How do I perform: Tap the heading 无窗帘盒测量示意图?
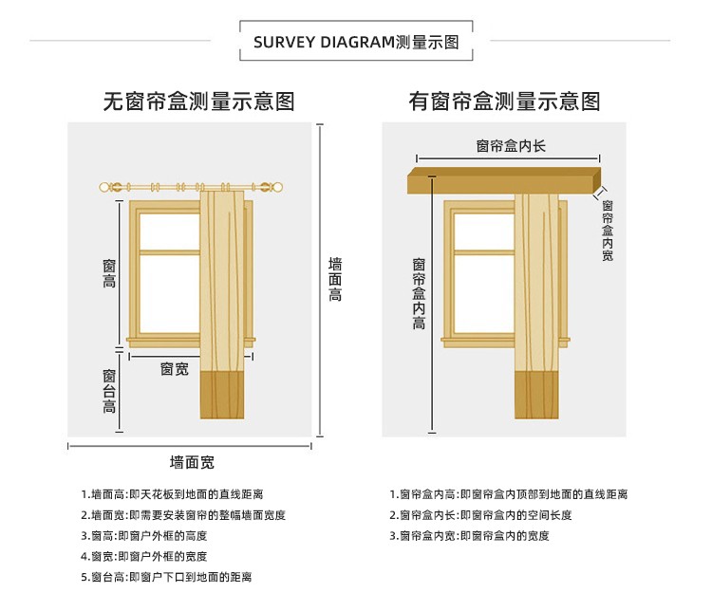[x=199, y=102]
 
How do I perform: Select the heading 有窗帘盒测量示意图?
[x=504, y=102]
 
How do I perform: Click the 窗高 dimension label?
[x=109, y=273]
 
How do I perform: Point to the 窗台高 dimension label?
[x=109, y=391]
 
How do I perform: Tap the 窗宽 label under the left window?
[x=175, y=369]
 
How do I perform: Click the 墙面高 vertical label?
[x=335, y=280]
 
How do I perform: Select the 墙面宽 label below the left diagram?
[x=192, y=462]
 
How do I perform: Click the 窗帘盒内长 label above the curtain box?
[x=511, y=146]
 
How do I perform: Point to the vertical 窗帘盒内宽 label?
[x=608, y=231]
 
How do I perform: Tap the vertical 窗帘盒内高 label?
[x=419, y=293]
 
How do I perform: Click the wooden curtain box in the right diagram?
[x=504, y=180]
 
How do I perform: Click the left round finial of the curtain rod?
[x=104, y=187]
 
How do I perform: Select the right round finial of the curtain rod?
[x=277, y=187]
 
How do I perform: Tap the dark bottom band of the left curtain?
[x=222, y=396]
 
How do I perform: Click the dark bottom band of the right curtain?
[x=536, y=396]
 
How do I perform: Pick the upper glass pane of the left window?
[x=169, y=231]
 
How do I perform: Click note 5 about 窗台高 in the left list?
[x=166, y=577]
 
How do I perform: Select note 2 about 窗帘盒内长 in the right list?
[x=481, y=515]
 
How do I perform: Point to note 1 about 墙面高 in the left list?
[x=172, y=494]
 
